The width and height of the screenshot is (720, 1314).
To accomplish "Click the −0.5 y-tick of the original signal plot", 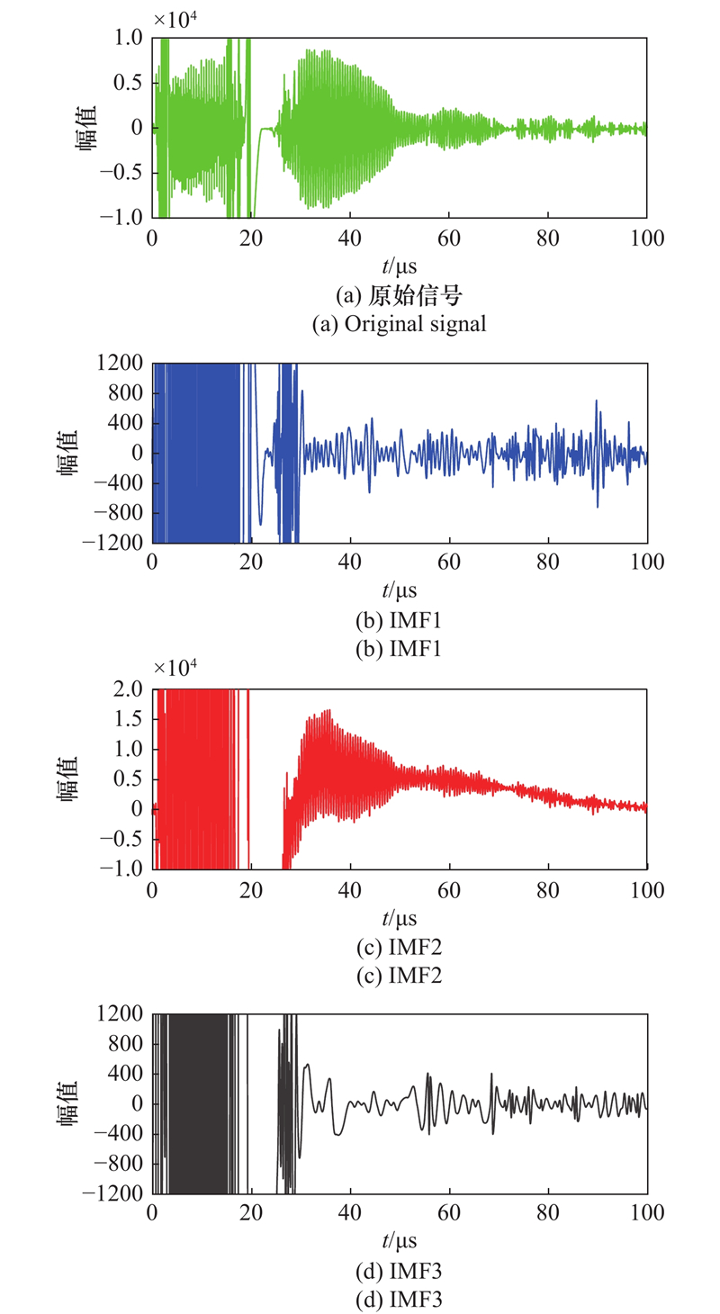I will pyautogui.click(x=121, y=173).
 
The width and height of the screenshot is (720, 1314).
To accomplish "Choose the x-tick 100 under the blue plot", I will pyautogui.click(x=647, y=563).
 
